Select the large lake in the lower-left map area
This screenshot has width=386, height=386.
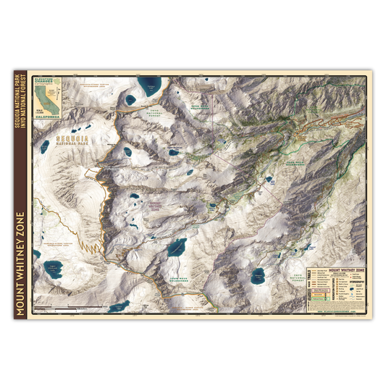(x=53, y=272)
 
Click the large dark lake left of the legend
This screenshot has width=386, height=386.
(x=258, y=275)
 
